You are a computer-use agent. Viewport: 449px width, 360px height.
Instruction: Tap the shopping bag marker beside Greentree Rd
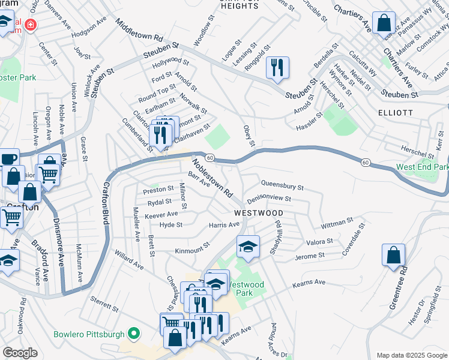pos(393,254)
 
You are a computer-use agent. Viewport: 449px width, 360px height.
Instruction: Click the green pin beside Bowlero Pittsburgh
pos(134,334)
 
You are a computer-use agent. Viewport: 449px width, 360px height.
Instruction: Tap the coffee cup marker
pos(9,159)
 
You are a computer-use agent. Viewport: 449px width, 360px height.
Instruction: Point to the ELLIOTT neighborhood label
pos(396,112)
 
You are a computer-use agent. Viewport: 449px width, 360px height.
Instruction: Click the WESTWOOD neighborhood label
pos(258,213)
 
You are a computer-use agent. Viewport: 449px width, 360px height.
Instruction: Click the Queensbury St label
pos(282,185)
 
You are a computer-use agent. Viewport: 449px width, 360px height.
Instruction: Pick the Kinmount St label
pos(191,249)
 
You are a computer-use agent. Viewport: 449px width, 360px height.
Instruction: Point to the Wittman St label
pos(337,223)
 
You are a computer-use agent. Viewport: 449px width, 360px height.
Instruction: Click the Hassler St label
pos(310,124)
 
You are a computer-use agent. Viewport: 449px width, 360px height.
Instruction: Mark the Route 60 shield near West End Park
pos(365,162)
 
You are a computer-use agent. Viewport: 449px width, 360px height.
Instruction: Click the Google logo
pos(20,353)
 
